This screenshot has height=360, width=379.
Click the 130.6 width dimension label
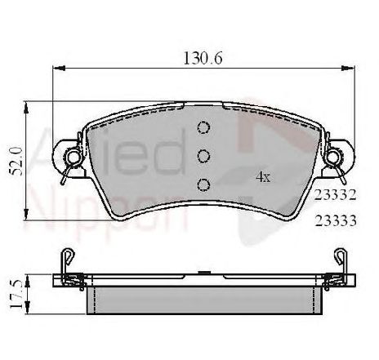pos(201,58)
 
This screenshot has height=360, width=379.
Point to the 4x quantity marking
pos(261,176)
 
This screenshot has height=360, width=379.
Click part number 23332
pos(333,196)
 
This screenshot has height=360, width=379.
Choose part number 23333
pos(333,220)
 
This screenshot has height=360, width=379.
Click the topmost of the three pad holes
pos(204,128)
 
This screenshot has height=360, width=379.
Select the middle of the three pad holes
pos(204,155)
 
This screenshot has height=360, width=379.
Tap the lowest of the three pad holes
pos(204,183)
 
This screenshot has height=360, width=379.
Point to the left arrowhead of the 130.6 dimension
pos(57,70)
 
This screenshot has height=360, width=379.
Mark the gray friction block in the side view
pos(204,299)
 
